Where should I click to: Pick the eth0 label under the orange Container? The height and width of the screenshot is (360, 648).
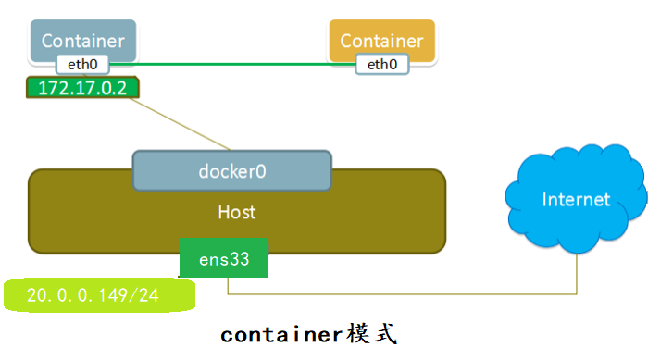click(x=382, y=65)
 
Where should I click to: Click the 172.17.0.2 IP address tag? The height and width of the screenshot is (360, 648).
click(x=79, y=89)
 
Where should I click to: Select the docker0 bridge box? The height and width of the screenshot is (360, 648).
click(x=231, y=171)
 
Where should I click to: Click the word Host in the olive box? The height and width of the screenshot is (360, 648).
click(x=237, y=212)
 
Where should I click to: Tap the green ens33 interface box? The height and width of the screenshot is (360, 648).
click(x=223, y=259)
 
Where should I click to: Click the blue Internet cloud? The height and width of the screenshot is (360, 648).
click(x=575, y=199)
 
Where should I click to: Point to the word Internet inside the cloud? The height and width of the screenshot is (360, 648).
click(x=576, y=200)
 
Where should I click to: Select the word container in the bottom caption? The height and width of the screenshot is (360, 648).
click(x=281, y=334)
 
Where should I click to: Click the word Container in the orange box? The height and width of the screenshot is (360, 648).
click(x=381, y=41)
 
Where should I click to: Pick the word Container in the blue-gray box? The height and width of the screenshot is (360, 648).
click(x=83, y=41)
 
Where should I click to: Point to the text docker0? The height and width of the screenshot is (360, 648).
click(x=231, y=171)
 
